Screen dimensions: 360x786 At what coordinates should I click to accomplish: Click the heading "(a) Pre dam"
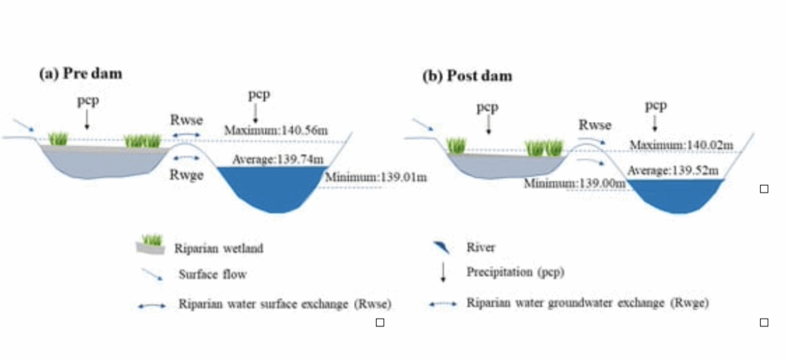click(x=81, y=74)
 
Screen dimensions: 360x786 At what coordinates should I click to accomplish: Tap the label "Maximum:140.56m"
click(x=276, y=130)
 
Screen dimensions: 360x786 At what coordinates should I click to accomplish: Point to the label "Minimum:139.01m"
click(x=375, y=178)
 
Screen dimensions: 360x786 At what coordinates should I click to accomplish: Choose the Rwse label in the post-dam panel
click(x=596, y=125)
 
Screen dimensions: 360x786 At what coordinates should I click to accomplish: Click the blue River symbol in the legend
click(x=440, y=246)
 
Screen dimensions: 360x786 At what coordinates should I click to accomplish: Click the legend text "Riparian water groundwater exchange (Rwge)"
click(x=587, y=302)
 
